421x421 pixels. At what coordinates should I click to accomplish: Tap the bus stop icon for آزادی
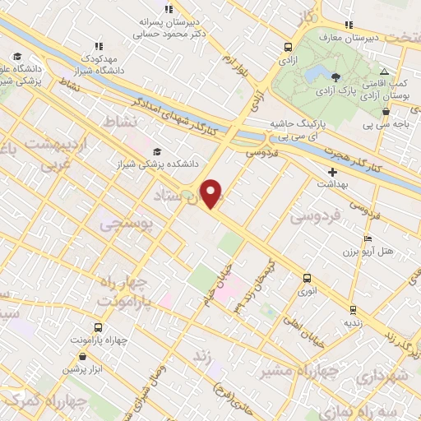[289, 47]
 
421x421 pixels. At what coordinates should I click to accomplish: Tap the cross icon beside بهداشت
[332, 172]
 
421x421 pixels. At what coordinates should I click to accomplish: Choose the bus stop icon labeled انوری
[308, 278]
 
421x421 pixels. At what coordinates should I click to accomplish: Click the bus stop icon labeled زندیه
[353, 310]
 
